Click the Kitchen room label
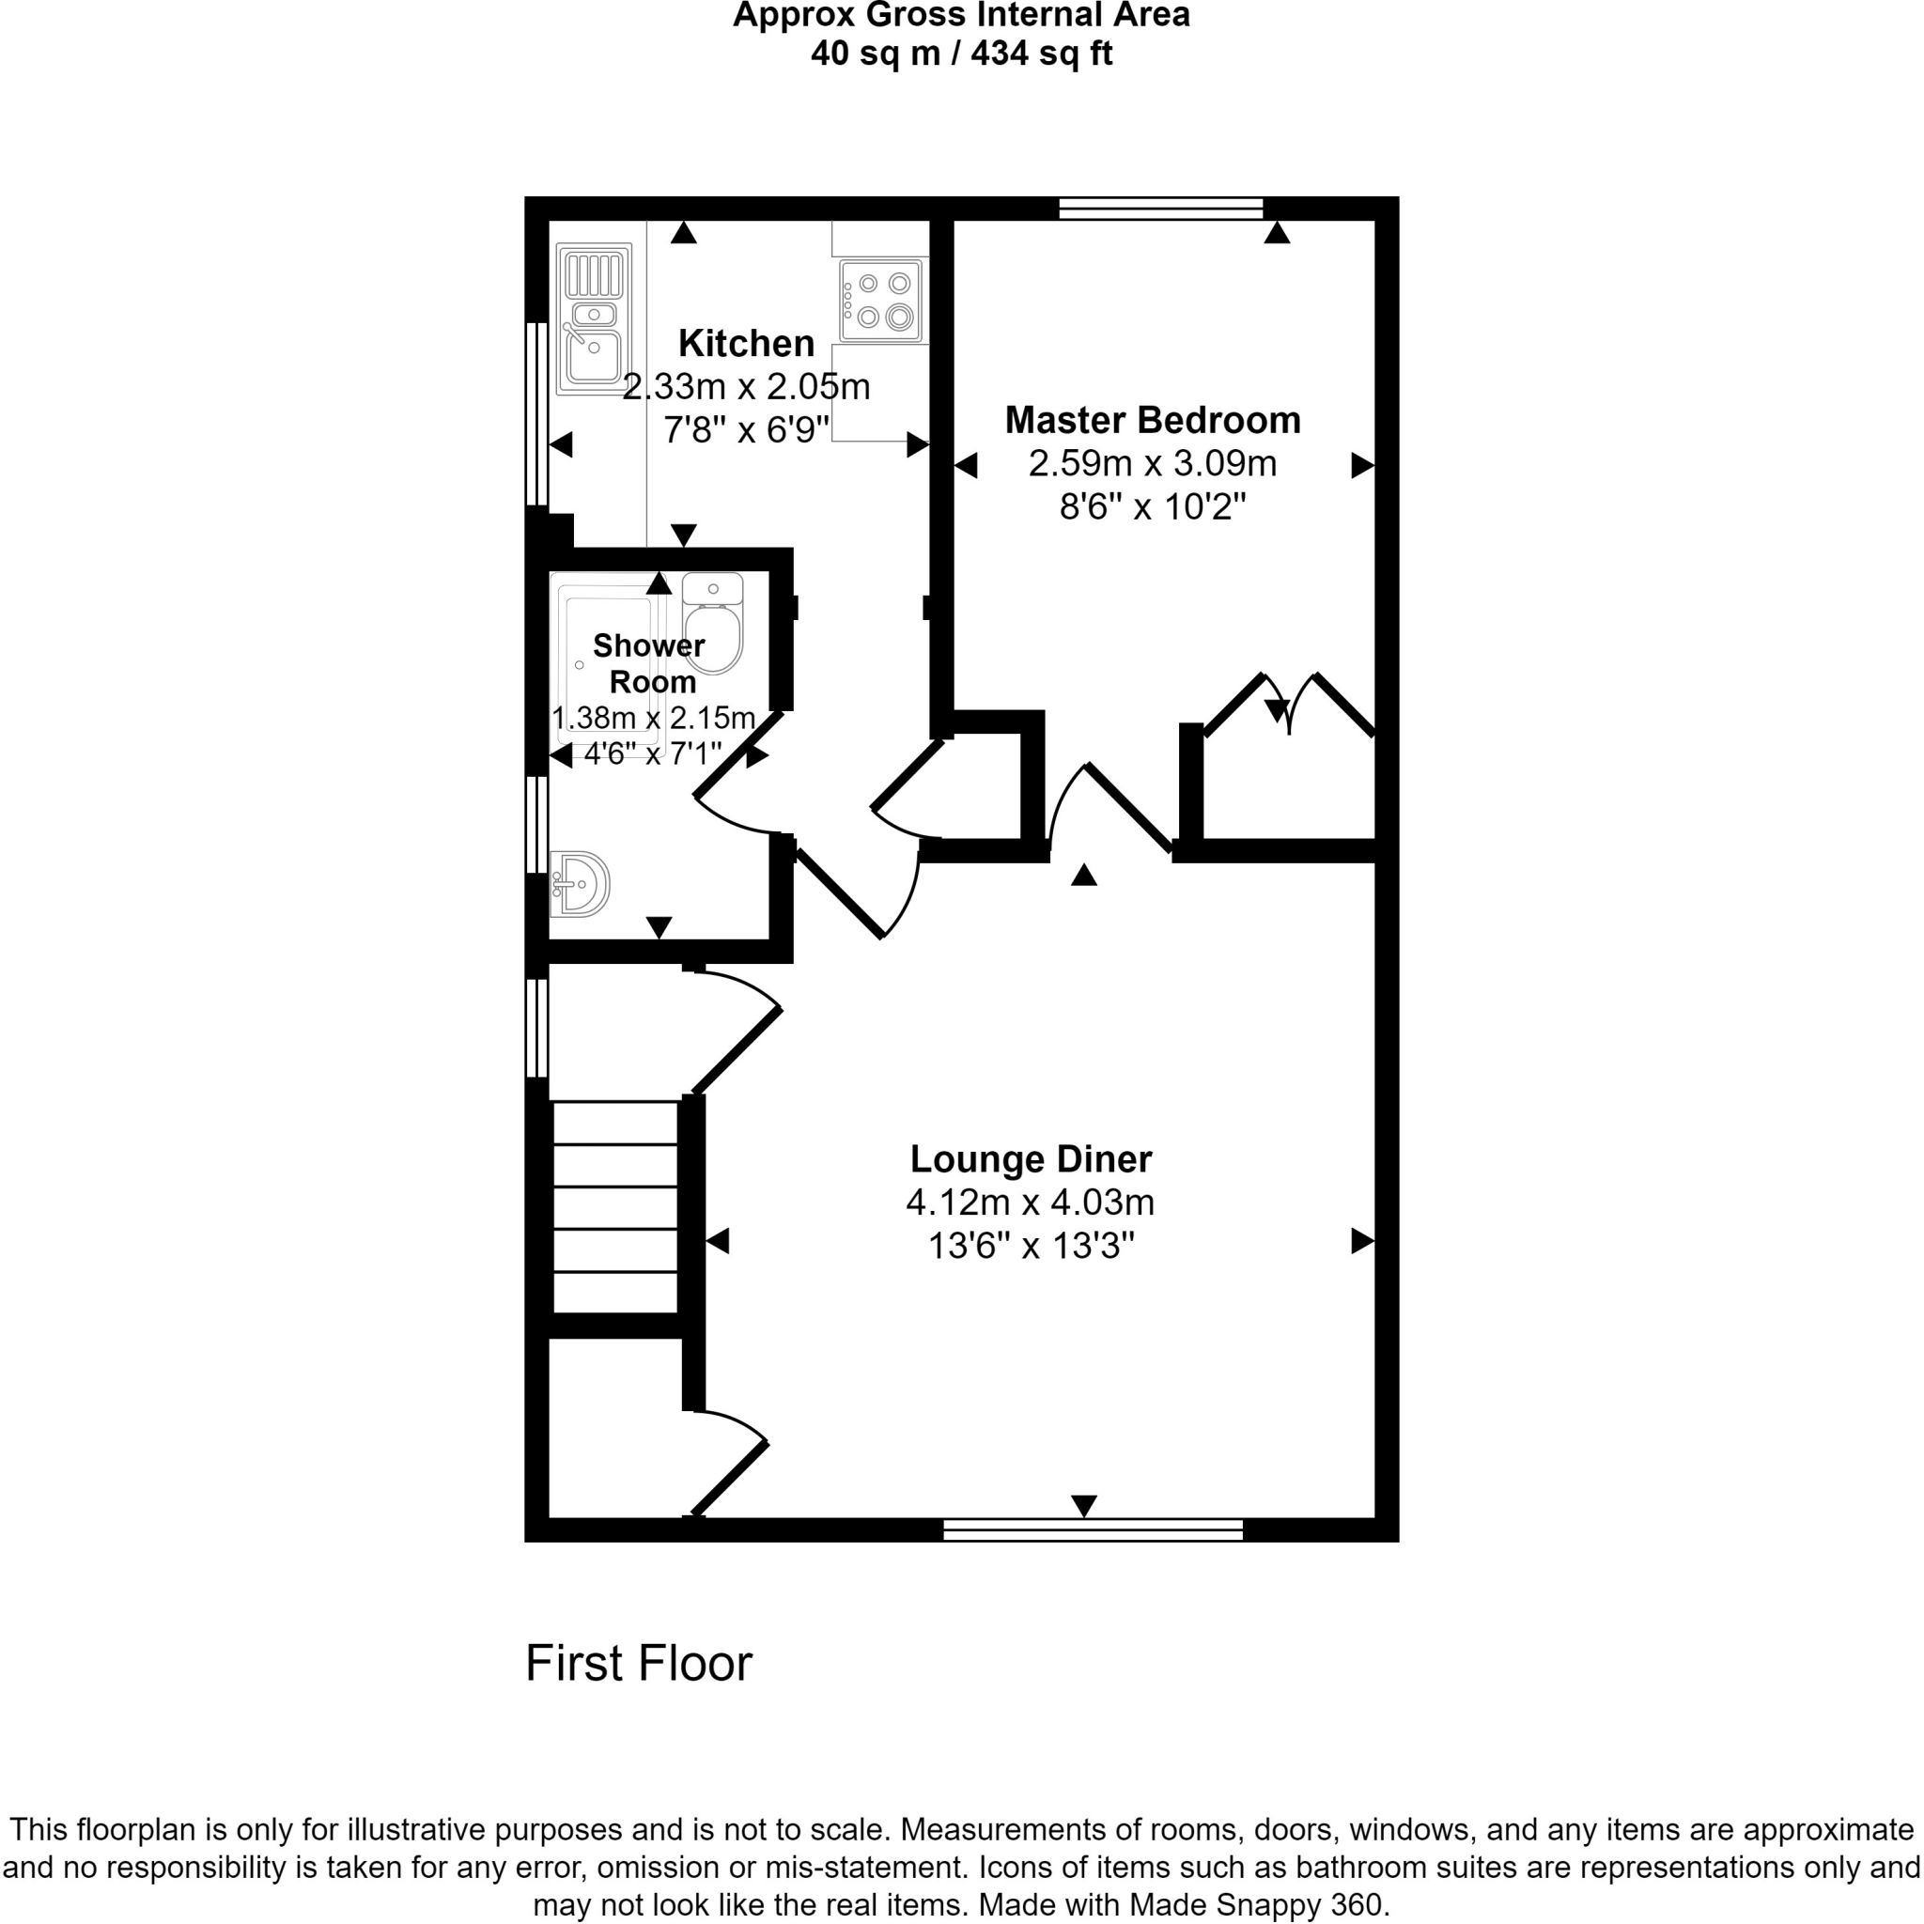point(746,344)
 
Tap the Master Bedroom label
point(1152,420)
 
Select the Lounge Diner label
point(1031,1159)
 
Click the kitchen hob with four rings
point(880,300)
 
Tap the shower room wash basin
point(580,883)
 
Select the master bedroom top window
point(1160,209)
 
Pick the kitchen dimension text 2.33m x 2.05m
point(746,386)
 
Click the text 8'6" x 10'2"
point(1152,508)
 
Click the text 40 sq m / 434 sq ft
point(961,53)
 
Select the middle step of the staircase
point(615,1208)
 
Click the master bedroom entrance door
point(1126,808)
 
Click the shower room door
point(737,757)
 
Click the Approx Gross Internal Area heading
point(961,16)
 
